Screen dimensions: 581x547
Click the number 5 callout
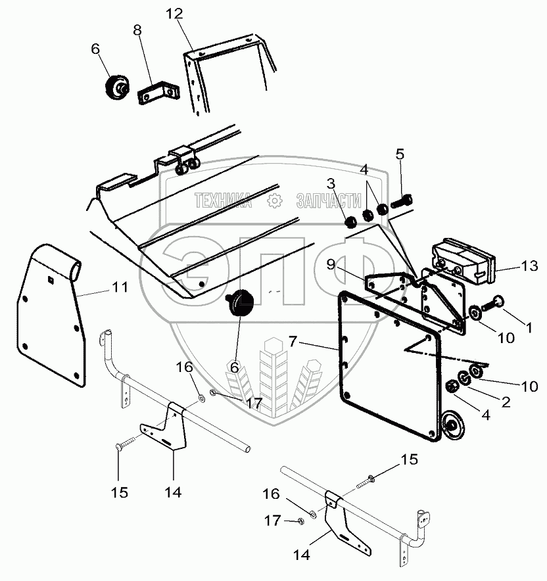(400, 155)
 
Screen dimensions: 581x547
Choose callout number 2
(505, 402)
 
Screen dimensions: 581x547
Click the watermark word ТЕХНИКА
(222, 201)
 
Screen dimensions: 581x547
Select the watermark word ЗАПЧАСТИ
(329, 201)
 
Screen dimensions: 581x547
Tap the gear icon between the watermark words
(274, 201)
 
